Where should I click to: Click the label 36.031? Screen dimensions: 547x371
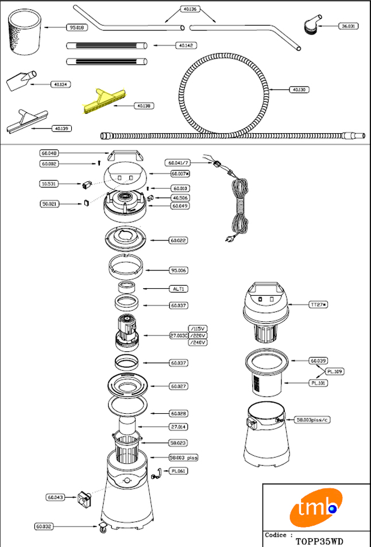pos(347,26)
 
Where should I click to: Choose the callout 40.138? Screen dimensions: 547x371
pos(144,106)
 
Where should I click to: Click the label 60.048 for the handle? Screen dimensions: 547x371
pos(50,153)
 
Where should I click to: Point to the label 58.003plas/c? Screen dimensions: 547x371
pos(314,420)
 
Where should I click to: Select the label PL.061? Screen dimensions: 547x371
pos(178,471)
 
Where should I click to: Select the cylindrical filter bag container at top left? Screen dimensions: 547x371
pos(25,33)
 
